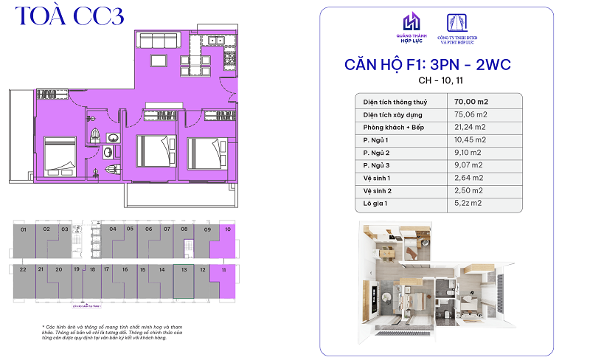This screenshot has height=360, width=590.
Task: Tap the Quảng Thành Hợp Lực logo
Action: click(x=410, y=27)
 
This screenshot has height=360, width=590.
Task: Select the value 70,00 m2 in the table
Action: click(x=472, y=101)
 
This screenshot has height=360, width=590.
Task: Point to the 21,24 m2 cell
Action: click(x=470, y=127)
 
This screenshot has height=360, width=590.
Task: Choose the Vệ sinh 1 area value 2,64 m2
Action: click(x=468, y=178)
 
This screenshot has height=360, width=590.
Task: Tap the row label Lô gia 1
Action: click(x=375, y=203)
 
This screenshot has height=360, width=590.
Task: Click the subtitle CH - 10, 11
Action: click(x=428, y=80)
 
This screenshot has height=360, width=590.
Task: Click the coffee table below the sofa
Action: click(x=159, y=60)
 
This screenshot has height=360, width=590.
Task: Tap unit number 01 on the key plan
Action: click(x=24, y=230)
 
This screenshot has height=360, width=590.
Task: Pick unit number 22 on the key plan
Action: click(x=23, y=270)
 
